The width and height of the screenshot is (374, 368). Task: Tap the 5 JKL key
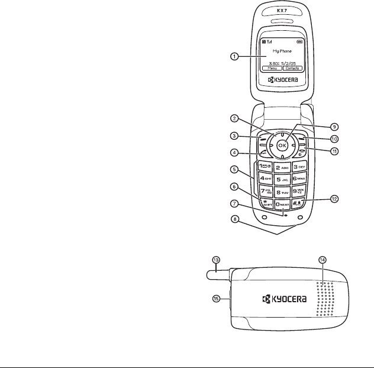[x=282, y=177]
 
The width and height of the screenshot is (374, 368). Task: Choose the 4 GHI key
[x=265, y=177]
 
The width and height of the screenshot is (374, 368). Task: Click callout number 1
[x=234, y=57]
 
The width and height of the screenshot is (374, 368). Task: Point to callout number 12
[x=334, y=199]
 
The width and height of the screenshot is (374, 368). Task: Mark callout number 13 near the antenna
[x=216, y=260]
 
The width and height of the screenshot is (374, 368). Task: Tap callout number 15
[x=216, y=299]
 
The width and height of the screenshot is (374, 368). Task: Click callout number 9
[x=334, y=126]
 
